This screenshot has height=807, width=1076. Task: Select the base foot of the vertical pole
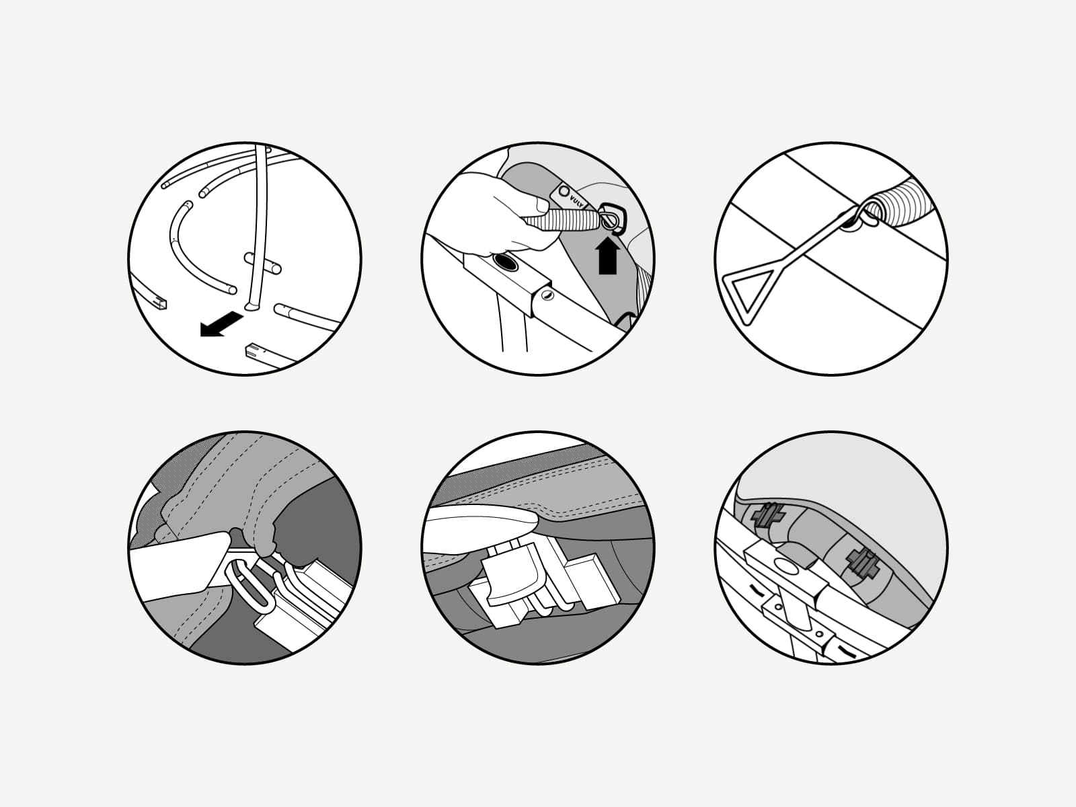click(252, 306)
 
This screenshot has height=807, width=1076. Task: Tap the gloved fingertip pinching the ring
click(264, 538)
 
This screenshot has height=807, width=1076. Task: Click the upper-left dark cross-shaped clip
click(769, 516)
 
